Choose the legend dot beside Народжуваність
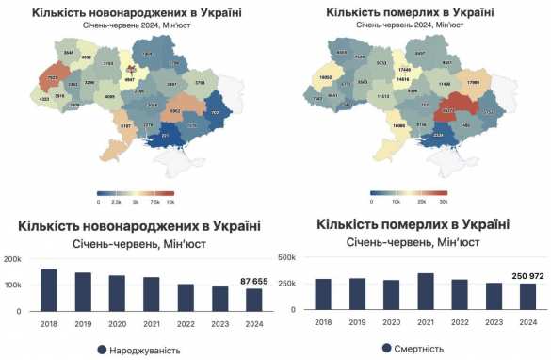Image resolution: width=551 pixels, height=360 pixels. (100, 350)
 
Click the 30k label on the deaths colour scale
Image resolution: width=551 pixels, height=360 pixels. (444, 203)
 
